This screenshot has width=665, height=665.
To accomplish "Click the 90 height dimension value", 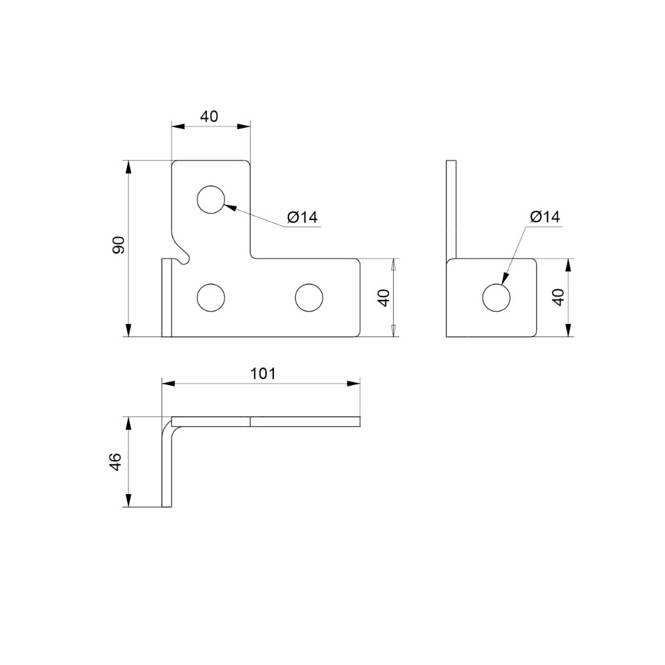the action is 119,245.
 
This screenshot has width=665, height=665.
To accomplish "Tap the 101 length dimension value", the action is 263,374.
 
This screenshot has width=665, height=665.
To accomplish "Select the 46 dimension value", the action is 115,462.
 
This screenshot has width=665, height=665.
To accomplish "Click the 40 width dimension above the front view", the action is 209,116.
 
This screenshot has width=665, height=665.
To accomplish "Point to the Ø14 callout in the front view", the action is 302,217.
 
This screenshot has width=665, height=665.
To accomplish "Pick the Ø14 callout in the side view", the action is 545,217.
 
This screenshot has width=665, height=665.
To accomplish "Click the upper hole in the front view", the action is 211,199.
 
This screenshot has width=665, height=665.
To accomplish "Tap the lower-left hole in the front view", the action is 211,297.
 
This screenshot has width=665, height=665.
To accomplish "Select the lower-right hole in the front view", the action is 309,297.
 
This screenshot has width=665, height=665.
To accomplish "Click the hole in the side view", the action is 496,297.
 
